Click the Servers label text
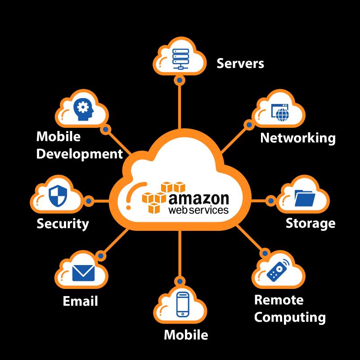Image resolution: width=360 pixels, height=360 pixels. coord(240,63)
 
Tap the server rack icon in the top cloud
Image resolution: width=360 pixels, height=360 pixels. coord(181,58)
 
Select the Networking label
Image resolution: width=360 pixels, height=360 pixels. coord(298,138)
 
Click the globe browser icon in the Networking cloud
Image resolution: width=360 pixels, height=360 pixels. coord(280,112)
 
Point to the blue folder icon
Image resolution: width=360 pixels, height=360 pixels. coord(305,198)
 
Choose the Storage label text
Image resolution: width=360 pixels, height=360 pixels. coord(310,223)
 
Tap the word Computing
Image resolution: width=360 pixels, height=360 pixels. coord(290,318)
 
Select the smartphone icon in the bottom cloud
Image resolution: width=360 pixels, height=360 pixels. coord(183,305)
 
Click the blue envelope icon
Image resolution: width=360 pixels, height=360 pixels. coord(83,273)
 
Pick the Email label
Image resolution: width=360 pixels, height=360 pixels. coord(81,301)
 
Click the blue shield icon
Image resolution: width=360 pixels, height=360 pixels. coord(58,196)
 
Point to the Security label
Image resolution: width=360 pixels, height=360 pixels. coord(63,224)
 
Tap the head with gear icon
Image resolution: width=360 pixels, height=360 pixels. coord(83,109)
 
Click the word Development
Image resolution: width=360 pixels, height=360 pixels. coord(80,154)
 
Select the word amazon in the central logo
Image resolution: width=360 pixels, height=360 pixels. coord(199,199)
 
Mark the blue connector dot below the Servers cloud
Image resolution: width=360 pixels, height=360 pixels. coord(180,80)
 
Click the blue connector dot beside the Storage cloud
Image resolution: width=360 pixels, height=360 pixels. coord(271,201)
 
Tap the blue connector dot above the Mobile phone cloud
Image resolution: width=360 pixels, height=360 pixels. coord(180,281)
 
